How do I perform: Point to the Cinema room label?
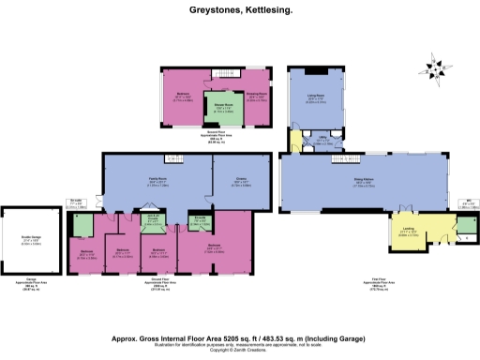[x=241, y=183]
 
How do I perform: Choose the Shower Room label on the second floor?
[x=225, y=106]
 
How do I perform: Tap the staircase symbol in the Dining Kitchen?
[x=334, y=161]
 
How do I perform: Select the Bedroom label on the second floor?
[x=183, y=95]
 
